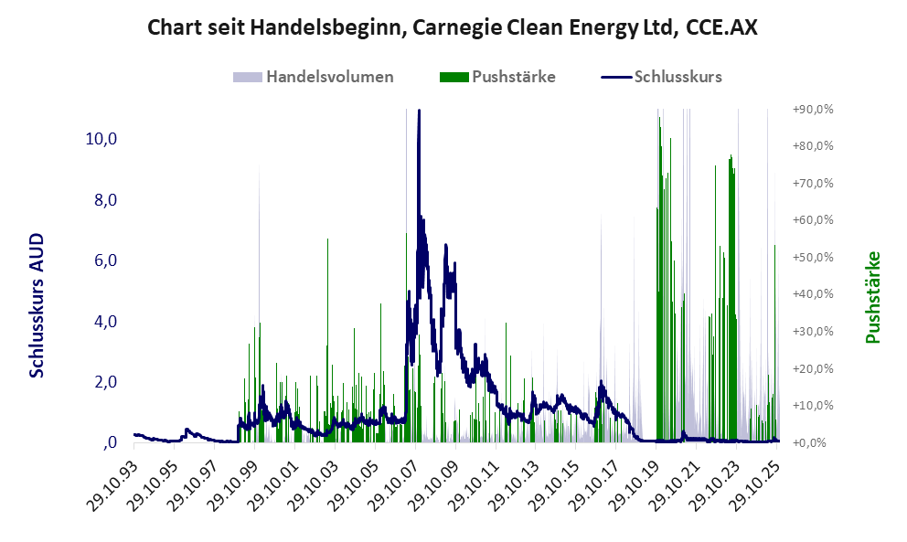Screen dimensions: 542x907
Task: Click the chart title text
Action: click(453, 28)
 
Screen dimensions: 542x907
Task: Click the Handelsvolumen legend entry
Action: click(329, 77)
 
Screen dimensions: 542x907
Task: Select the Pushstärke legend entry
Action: click(513, 77)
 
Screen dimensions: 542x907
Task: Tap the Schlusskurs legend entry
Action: click(678, 77)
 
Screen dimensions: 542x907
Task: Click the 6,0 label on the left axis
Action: click(102, 260)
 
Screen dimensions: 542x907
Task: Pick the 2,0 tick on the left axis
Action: click(102, 382)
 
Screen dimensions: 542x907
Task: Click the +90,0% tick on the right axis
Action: click(812, 109)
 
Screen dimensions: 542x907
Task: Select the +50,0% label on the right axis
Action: click(812, 257)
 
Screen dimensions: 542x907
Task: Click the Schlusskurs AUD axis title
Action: click(37, 305)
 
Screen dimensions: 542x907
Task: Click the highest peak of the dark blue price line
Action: click(419, 111)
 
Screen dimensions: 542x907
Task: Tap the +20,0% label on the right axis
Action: click(812, 368)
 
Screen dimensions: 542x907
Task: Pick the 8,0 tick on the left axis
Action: click(102, 200)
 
